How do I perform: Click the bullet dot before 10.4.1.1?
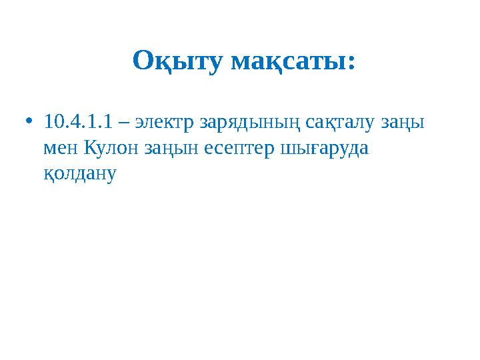tap(27, 123)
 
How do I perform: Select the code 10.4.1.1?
tap(75, 123)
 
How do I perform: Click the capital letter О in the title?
tap(143, 61)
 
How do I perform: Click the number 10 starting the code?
tap(52, 123)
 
